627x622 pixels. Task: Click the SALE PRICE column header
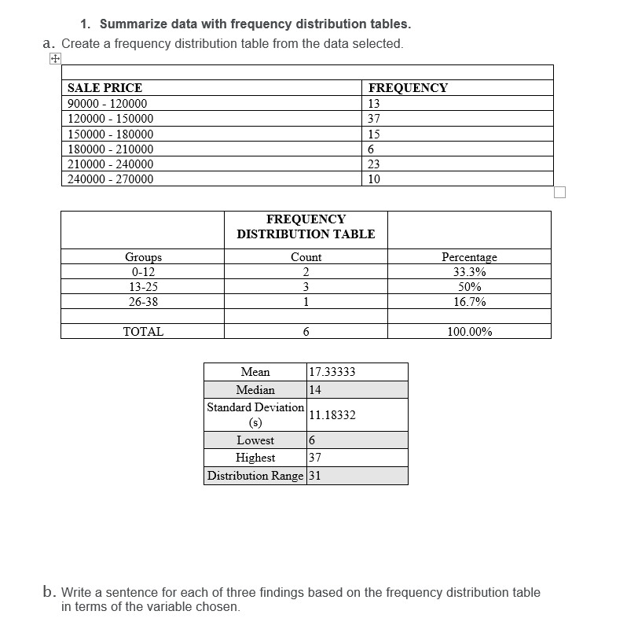pos(104,88)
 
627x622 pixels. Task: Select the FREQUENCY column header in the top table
pos(408,88)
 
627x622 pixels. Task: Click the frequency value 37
pos(374,119)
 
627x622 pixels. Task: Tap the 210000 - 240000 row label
pos(111,164)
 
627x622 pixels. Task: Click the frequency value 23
pos(374,164)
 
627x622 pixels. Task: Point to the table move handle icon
pos(54,59)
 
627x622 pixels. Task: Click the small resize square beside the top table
pos(559,193)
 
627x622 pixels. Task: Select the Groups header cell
pos(143,257)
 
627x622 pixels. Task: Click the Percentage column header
pos(469,257)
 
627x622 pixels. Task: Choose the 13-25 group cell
pos(143,287)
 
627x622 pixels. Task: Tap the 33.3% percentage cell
pos(469,272)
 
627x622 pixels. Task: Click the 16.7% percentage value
pos(469,302)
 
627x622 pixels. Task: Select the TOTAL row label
pos(143,332)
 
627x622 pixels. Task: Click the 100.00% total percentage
pos(469,332)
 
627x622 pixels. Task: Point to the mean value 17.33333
pos(332,372)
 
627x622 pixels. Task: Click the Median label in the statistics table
pos(255,390)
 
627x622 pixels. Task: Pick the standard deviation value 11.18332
pos(332,415)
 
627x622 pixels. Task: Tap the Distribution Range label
pos(255,476)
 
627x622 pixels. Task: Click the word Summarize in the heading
pos(132,24)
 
